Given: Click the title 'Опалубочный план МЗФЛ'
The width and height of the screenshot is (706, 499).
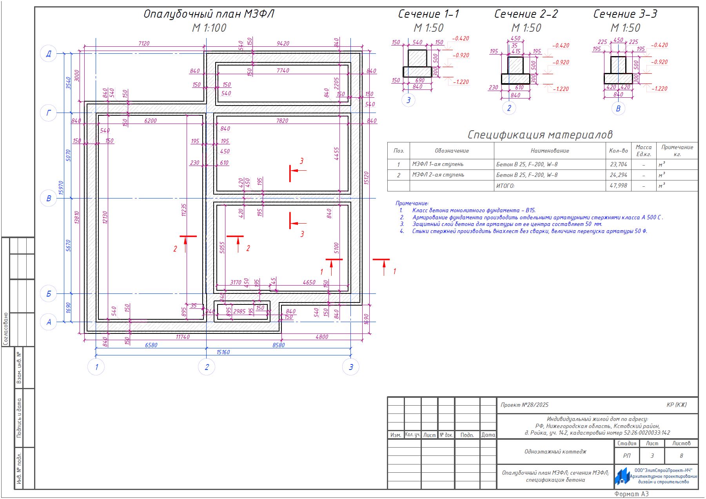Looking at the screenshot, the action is coord(209,14).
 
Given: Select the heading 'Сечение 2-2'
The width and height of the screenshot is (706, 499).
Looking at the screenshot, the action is coord(526,14).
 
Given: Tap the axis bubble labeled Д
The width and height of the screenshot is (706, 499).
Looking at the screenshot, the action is coord(49,54).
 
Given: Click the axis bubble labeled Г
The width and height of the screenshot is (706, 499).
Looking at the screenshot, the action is coord(49,113).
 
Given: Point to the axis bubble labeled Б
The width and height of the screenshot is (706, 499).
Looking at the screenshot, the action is coord(49,293).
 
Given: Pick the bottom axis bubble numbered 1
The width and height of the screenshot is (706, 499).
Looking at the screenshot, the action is coord(96,367).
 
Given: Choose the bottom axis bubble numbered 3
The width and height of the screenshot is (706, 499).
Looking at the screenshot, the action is coord(351,367).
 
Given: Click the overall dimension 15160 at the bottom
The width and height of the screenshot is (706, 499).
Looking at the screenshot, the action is coord(223,352).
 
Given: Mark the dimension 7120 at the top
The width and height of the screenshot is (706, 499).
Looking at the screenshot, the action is coord(144,44).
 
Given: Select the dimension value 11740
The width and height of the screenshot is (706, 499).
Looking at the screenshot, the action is coord(183,337).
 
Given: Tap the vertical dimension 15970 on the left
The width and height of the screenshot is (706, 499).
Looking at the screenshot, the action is coord(61,188).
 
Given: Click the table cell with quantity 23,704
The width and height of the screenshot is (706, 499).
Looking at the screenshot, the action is coord(619,164).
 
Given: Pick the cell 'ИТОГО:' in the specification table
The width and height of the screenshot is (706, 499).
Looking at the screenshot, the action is coord(505,186).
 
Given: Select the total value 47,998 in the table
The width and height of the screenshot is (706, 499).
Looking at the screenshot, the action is coord(619,186).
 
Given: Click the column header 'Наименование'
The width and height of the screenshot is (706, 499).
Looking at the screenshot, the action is coord(550,151).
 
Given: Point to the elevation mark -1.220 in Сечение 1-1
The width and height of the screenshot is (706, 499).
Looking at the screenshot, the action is coord(461,82).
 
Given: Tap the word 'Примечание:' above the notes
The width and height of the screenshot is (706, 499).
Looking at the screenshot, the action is coord(412,203).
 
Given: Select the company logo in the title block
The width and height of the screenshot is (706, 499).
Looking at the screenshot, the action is coord(622,476).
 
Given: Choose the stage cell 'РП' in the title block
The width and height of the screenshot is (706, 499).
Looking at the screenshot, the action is coord(627,456).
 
